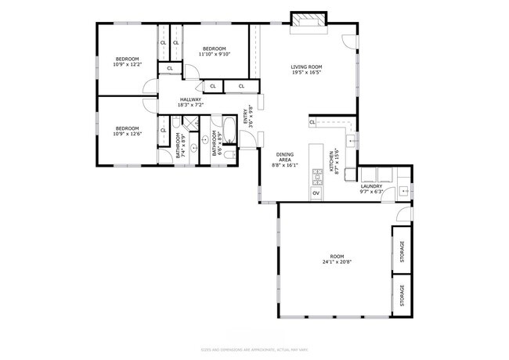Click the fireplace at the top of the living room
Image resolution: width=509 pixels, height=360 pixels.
[306, 21]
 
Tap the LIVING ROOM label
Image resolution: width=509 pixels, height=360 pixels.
[305, 67]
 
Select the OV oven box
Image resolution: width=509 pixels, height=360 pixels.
[316, 193]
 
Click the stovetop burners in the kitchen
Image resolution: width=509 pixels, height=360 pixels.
[316, 175]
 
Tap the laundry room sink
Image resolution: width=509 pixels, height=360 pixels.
[403, 190]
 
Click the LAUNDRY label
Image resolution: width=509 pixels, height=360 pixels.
[370, 185]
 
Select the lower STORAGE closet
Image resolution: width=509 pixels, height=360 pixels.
[403, 295]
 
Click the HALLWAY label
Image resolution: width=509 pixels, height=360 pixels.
[191, 99]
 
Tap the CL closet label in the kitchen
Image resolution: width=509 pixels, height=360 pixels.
[312, 122]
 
